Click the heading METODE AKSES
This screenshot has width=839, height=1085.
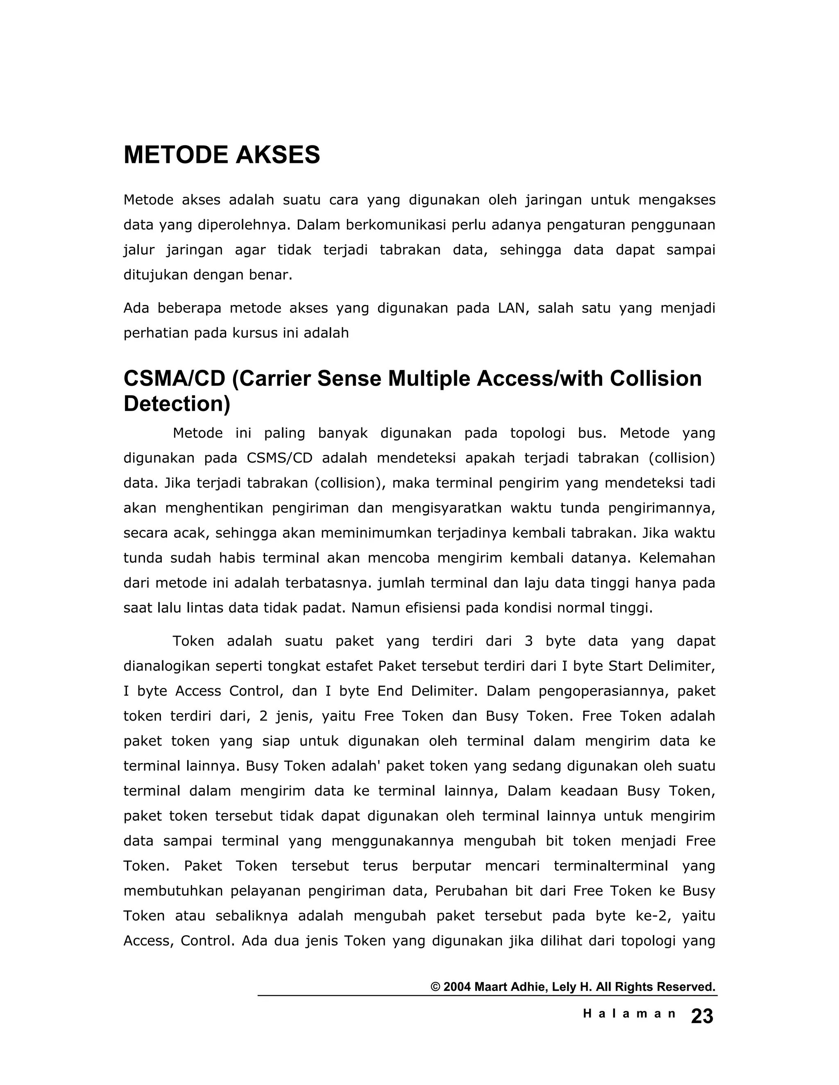pos(222,155)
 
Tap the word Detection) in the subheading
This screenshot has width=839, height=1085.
pos(177,404)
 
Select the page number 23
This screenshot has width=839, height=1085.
pos(702,1017)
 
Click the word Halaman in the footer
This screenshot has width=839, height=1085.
pos(629,1014)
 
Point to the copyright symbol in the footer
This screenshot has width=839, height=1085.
pos(435,987)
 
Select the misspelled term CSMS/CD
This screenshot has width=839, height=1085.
pos(279,458)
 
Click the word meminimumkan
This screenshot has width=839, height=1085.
pos(377,533)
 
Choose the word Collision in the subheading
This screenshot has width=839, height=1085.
pos(655,379)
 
